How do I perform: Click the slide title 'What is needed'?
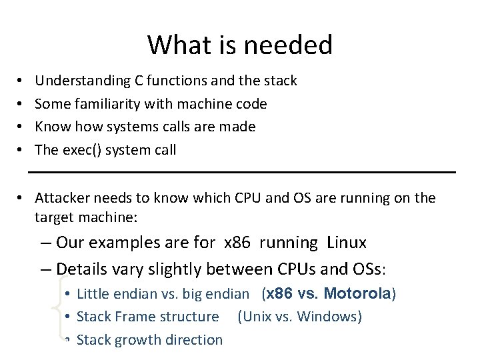(x=240, y=45)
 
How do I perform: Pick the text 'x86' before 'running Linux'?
(x=237, y=242)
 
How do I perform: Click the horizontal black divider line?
(x=242, y=173)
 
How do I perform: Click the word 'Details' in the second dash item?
(x=83, y=269)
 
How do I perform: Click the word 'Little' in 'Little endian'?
(x=93, y=293)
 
